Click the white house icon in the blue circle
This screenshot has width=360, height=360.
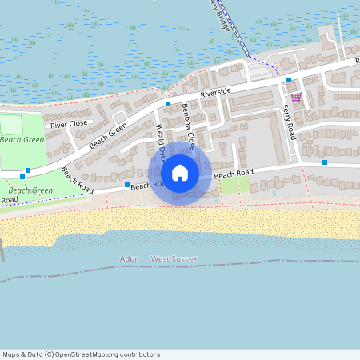(x=180, y=173)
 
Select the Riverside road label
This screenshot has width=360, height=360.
(x=215, y=93)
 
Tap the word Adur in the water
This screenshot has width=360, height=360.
(x=128, y=258)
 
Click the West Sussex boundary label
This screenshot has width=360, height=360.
(x=174, y=258)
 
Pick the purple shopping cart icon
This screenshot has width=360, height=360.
(x=297, y=97)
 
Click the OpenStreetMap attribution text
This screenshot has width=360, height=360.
(x=70, y=354)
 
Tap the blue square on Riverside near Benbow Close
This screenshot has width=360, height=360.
(x=168, y=104)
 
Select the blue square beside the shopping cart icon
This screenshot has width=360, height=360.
(x=289, y=80)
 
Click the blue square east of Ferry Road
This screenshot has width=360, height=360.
(x=325, y=162)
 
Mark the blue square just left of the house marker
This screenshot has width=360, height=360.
(x=126, y=185)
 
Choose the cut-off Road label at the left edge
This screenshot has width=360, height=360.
(x=9, y=198)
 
